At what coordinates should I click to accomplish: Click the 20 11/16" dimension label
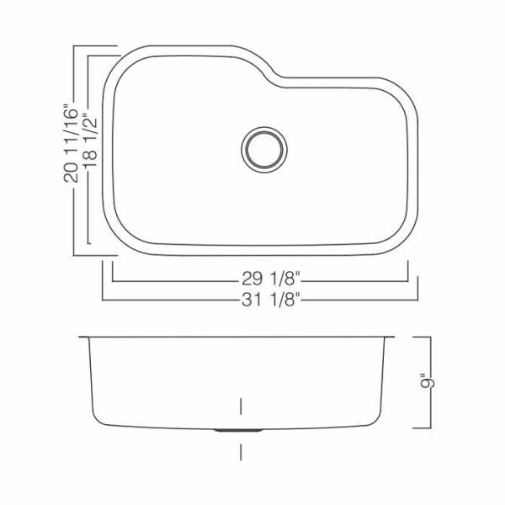(x=71, y=143)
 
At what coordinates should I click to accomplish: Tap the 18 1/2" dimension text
(x=90, y=141)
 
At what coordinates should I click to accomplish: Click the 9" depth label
(x=428, y=382)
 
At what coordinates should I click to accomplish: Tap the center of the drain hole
(x=264, y=150)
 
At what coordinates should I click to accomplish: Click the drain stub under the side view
(x=238, y=430)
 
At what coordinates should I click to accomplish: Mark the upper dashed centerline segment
(x=241, y=407)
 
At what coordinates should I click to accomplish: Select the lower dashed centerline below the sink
(x=241, y=452)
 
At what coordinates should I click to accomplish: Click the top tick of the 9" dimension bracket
(x=422, y=337)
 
